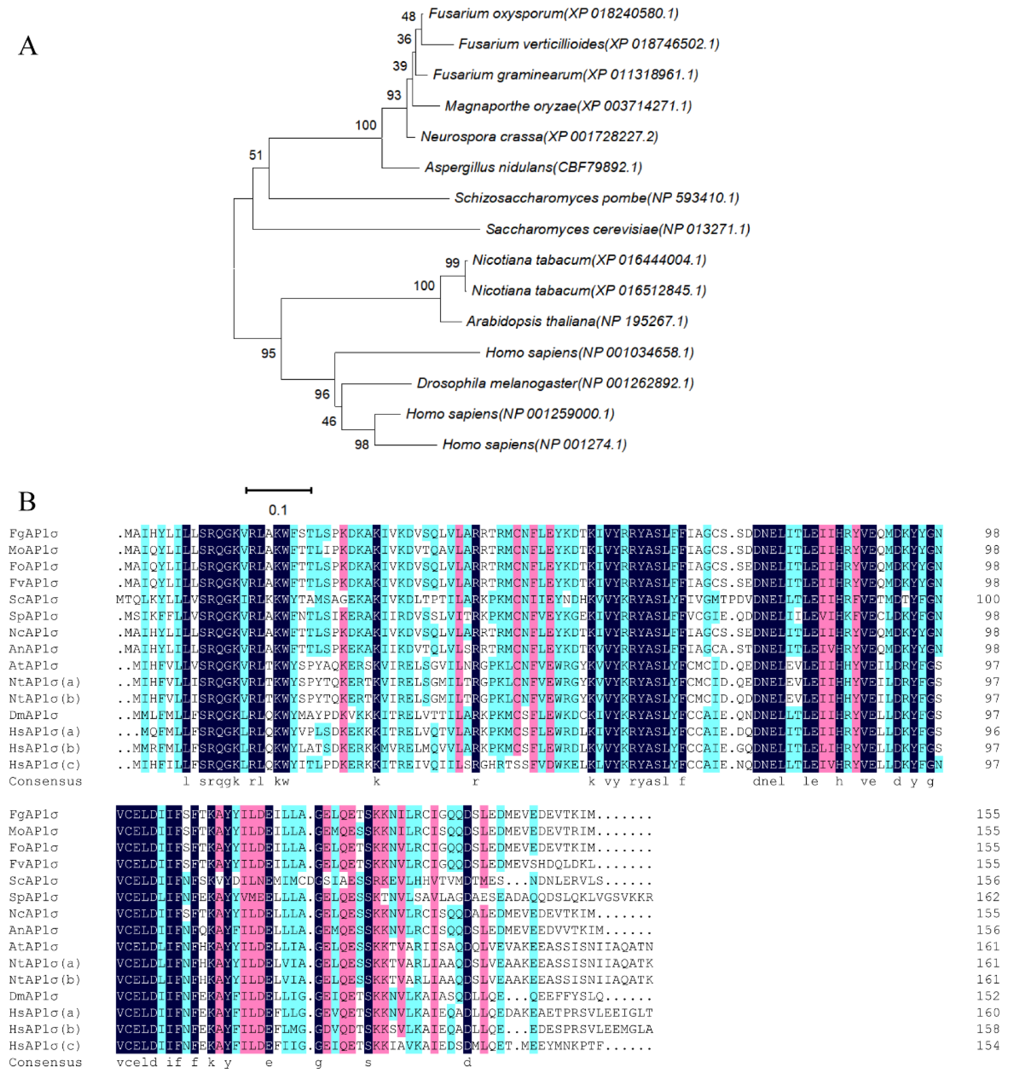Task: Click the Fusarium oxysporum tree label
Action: pyautogui.click(x=553, y=13)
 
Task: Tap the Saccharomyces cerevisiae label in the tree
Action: pyautogui.click(x=618, y=229)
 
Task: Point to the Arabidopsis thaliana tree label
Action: pyautogui.click(x=577, y=321)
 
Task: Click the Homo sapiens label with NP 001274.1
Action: pyautogui.click(x=534, y=445)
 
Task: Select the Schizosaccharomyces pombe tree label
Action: pyautogui.click(x=596, y=198)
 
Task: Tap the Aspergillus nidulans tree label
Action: pyautogui.click(x=533, y=167)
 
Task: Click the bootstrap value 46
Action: pyautogui.click(x=329, y=421)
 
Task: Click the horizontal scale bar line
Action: pyautogui.click(x=279, y=490)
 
